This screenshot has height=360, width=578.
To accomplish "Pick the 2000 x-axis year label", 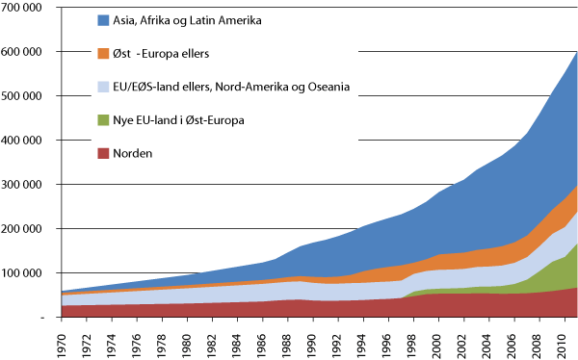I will coord(439,341).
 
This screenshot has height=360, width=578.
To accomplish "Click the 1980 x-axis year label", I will coord(186,341).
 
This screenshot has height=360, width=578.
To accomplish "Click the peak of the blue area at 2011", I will coord(576,52).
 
